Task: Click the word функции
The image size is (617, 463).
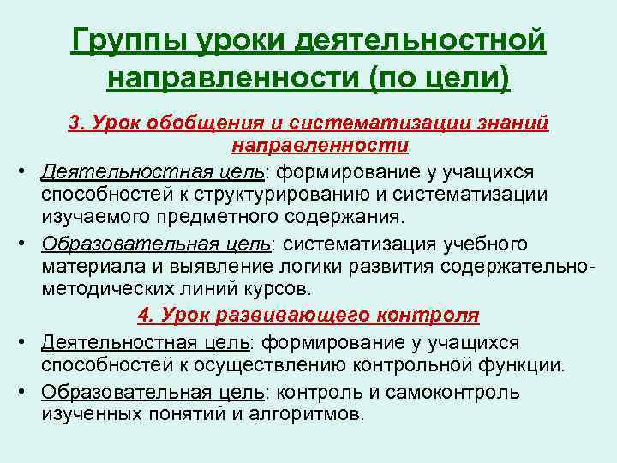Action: pos(528,364)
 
